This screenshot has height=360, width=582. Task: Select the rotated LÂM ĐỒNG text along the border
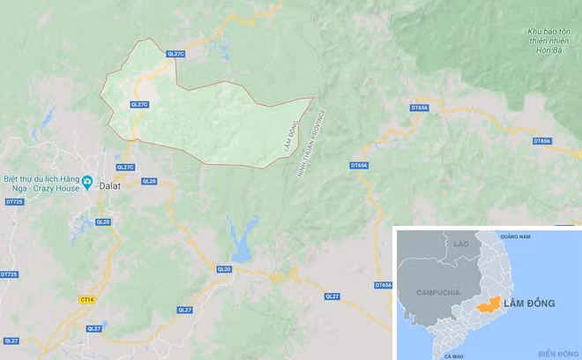290,138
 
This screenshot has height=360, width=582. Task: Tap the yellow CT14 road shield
86,300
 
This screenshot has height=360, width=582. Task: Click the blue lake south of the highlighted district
237,238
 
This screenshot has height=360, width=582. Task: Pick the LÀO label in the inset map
461,242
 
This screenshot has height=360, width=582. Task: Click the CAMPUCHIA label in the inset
426,292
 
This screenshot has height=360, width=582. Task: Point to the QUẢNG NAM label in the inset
518,236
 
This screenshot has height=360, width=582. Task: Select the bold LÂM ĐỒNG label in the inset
532,304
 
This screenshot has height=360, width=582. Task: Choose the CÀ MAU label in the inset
454,355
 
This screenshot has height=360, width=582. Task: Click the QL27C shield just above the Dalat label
126,167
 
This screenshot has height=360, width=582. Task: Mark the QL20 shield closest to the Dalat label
148,181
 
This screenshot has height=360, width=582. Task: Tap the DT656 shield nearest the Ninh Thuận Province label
358,165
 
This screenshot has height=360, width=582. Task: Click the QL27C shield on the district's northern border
175,54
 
